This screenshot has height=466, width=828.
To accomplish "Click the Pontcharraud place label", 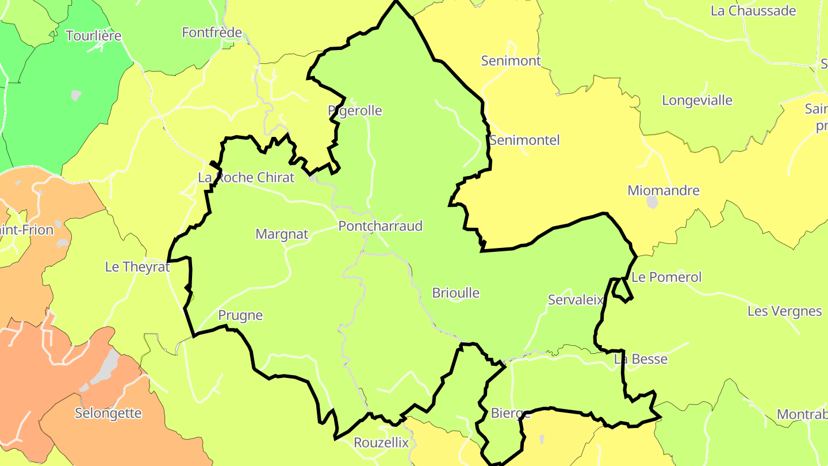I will (x=380, y=226).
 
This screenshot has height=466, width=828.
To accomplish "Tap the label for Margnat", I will (x=282, y=234).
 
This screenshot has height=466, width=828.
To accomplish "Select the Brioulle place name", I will (x=455, y=293).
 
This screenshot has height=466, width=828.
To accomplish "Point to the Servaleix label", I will (x=576, y=300).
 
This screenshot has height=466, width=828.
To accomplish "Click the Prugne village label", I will (x=240, y=315).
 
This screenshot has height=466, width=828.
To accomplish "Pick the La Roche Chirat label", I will (x=246, y=177).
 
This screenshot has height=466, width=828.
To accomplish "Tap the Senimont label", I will (x=511, y=60).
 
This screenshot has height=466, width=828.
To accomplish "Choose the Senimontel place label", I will (x=524, y=140).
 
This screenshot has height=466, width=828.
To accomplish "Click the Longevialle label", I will (x=697, y=101).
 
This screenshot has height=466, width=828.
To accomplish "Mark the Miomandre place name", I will (x=663, y=190).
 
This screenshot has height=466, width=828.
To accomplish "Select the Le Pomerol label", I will (x=666, y=277).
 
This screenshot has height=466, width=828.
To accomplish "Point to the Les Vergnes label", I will (x=784, y=311).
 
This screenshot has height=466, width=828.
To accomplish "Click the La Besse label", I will (x=641, y=359).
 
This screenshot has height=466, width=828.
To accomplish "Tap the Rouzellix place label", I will (x=381, y=442).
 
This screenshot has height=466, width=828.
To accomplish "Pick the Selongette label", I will (x=108, y=413).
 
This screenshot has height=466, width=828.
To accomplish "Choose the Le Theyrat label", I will (x=137, y=267).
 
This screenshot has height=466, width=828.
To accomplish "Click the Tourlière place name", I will (x=94, y=36).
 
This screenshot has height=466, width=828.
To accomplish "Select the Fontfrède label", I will (x=212, y=33).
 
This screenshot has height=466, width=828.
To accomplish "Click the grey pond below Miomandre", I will (x=652, y=202).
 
